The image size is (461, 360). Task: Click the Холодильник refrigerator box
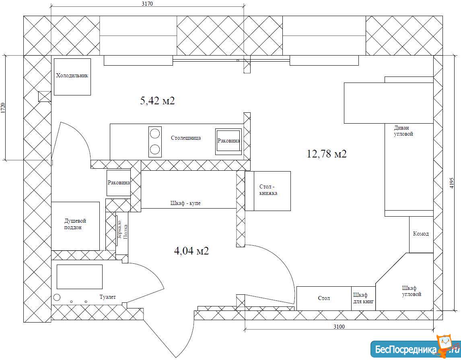point(72,77)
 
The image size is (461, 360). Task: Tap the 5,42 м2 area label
point(158,101)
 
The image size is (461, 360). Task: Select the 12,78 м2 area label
point(327,153)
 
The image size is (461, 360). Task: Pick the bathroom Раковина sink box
point(119,183)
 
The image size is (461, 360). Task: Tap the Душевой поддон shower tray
point(76,226)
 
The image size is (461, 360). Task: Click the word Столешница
point(186,138)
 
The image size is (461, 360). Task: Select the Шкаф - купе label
point(185,203)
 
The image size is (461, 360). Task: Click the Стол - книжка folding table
point(268,191)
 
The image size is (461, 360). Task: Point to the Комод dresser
point(421,235)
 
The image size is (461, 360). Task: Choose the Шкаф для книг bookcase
point(363,298)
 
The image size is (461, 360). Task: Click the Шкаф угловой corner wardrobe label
point(412,291)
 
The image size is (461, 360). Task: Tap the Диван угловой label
point(403,131)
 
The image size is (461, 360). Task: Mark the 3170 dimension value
point(147,4)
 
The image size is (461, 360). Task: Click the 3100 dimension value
point(339,326)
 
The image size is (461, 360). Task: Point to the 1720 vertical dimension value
point(3,108)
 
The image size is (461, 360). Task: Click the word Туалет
point(107,297)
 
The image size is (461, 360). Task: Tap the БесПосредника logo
point(415,349)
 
